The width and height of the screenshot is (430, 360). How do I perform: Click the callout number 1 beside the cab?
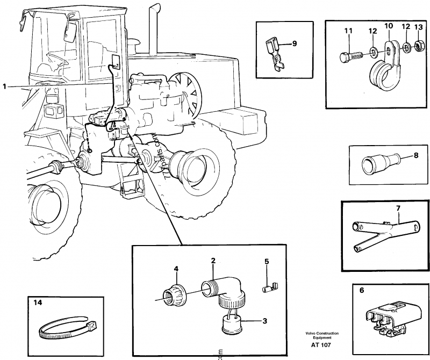coord(5,85)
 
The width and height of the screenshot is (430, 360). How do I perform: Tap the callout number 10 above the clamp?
coord(388,26)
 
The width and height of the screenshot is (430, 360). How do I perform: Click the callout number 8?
coord(415,156)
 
